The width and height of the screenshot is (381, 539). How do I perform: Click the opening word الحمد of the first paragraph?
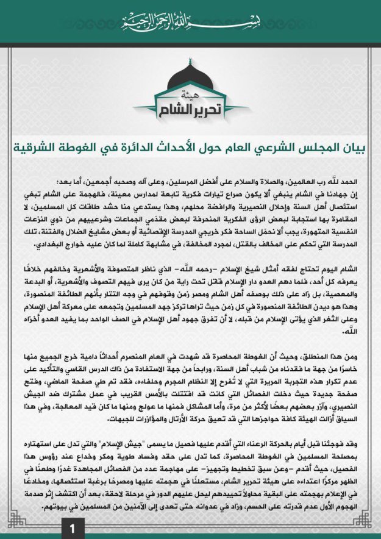pos(354,182)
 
